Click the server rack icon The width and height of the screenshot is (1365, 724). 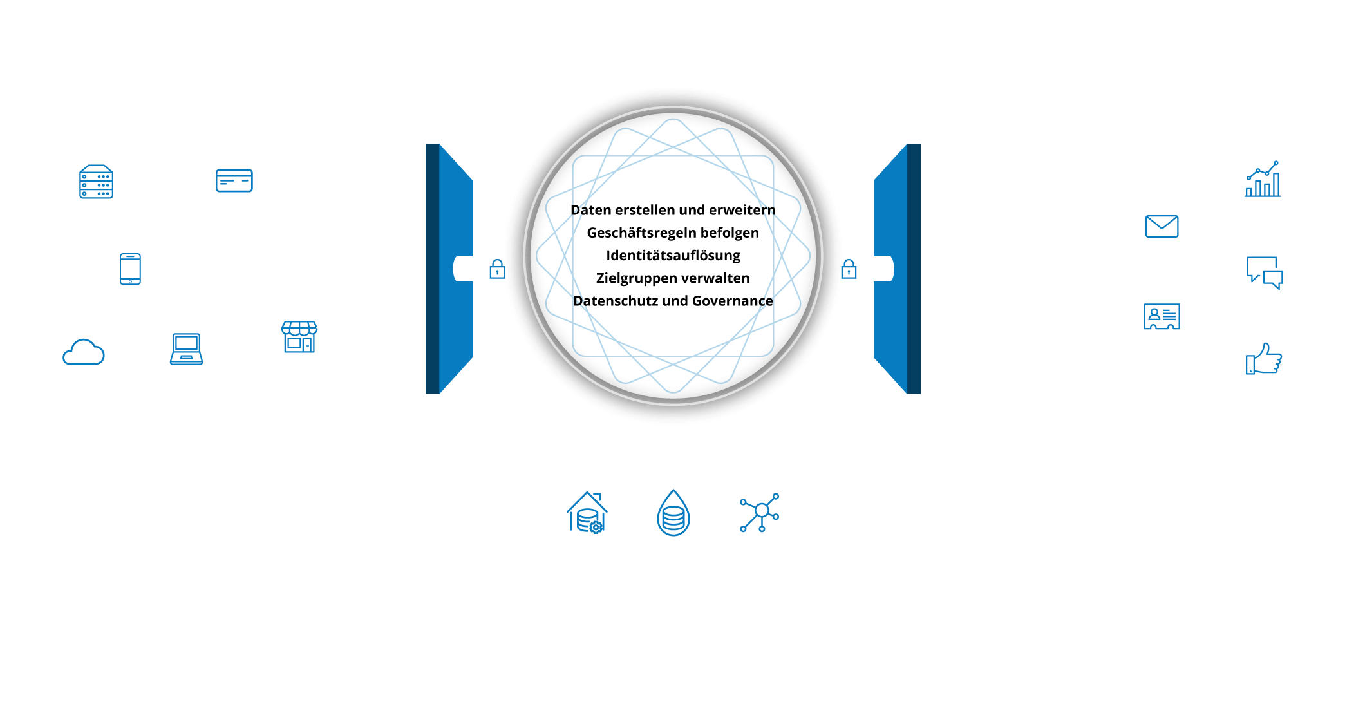coord(96,182)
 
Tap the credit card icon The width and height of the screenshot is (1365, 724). coord(234,181)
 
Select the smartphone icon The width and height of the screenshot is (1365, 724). coord(130,269)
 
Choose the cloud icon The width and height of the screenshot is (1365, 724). coord(84,352)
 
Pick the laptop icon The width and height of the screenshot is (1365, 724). coord(186,349)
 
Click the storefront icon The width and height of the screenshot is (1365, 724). coord(299,337)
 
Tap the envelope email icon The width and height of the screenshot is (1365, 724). coord(1162,226)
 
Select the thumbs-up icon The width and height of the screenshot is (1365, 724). coord(1263,360)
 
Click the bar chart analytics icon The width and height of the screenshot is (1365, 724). coord(1263,180)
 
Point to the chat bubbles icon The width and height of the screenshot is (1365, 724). coord(1263,271)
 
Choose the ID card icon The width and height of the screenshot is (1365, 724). coord(1162,316)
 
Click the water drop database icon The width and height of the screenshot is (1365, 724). coord(673,513)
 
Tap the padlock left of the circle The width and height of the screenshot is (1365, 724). coord(497,269)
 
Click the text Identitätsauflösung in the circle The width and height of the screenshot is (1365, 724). coord(673,256)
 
